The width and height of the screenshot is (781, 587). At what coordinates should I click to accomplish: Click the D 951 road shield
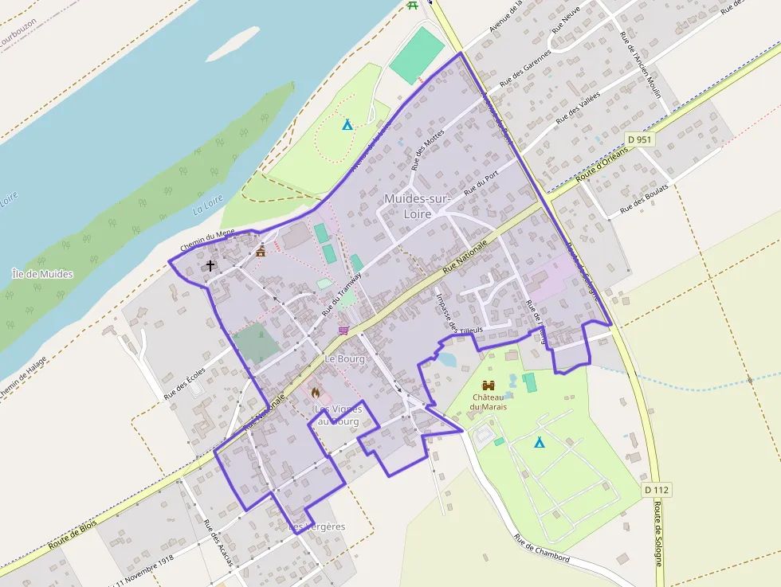pyautogui.click(x=640, y=139)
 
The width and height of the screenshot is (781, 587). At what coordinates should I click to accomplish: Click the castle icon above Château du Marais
pyautogui.click(x=489, y=385)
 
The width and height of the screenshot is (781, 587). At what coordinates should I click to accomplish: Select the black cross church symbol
pyautogui.click(x=210, y=265)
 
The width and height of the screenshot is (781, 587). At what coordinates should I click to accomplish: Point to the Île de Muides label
pyautogui.click(x=43, y=274)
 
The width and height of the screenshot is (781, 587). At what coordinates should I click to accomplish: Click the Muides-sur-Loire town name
pyautogui.click(x=418, y=205)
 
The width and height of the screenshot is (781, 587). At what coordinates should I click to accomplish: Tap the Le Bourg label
pyautogui.click(x=344, y=359)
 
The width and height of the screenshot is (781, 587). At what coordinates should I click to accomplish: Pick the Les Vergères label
pyautogui.click(x=316, y=527)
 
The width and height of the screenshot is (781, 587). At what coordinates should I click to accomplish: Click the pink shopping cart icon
pyautogui.click(x=343, y=329)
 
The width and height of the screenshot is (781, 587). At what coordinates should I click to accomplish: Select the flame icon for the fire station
pyautogui.click(x=316, y=392)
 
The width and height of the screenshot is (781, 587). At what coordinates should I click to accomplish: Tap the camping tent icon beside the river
pyautogui.click(x=347, y=124)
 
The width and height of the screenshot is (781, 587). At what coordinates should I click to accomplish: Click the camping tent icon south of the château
pyautogui.click(x=539, y=442)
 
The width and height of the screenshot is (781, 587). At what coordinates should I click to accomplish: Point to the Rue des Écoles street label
pyautogui.click(x=185, y=382)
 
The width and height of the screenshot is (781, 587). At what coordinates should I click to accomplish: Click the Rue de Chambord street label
pyautogui.click(x=541, y=548)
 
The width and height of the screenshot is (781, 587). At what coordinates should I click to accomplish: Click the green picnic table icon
pyautogui.click(x=412, y=5)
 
